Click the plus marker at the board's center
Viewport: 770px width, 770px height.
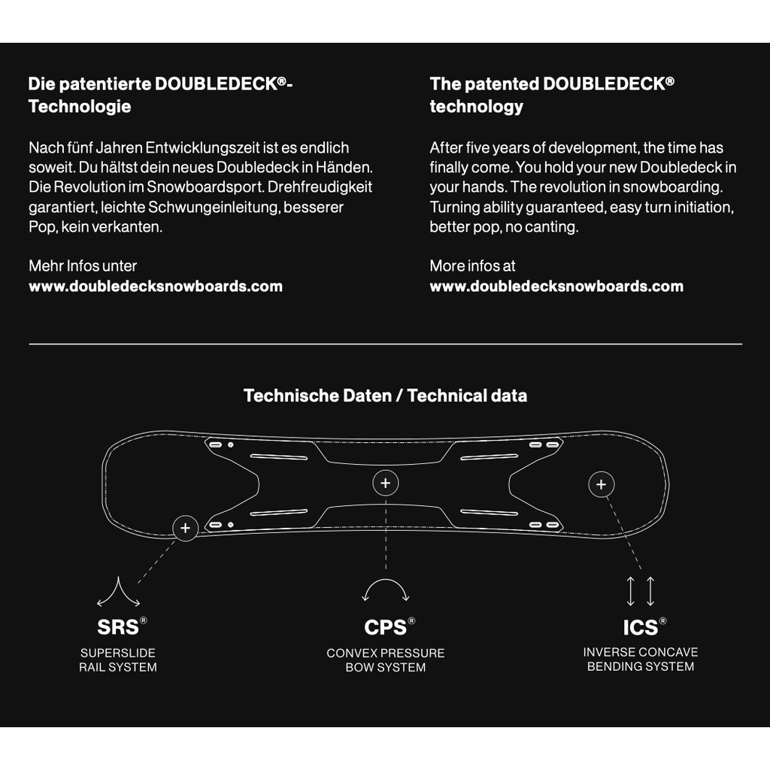point(386,484)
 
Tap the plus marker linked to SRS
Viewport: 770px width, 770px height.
point(185,529)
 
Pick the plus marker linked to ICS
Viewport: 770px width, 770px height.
point(601,485)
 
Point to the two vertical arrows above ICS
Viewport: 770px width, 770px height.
point(641,591)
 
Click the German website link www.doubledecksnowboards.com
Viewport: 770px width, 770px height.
point(156,286)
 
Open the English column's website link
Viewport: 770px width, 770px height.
point(556,286)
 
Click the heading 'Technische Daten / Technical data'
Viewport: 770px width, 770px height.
point(386,396)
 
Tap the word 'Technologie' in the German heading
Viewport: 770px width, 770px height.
point(80,107)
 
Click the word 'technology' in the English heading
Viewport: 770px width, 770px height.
point(476,107)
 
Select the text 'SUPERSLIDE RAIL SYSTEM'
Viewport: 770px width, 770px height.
point(118,660)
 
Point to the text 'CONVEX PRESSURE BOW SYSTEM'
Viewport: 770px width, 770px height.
point(386,660)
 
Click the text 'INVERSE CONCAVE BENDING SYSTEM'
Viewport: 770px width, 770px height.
point(641,659)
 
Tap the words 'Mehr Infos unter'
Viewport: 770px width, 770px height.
point(83,265)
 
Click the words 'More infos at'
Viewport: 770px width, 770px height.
point(472,265)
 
